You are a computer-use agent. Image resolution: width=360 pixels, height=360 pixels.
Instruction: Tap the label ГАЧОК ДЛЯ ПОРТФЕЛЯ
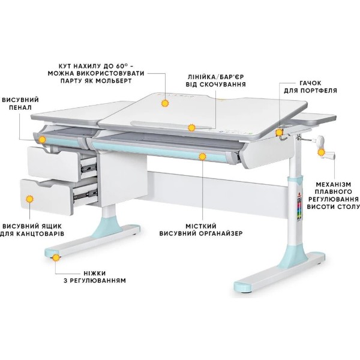click(310, 87)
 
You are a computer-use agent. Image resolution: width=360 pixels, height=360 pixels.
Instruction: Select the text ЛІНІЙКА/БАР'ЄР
click(215, 77)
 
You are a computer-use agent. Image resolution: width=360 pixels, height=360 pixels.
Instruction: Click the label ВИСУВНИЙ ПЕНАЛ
click(20, 104)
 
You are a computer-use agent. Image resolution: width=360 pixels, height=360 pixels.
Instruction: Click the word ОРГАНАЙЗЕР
click(220, 234)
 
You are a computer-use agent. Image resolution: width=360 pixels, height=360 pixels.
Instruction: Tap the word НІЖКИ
click(95, 273)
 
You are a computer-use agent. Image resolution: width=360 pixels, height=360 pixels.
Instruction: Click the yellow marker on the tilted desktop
click(164, 104)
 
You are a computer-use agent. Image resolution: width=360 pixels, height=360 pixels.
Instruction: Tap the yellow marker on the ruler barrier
click(191, 128)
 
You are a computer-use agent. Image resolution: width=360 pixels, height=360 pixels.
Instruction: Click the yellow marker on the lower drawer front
click(29, 199)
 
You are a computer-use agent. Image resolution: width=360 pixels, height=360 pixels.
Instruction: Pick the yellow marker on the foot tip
click(56, 257)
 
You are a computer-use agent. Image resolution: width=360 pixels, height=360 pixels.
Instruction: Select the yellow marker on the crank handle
click(321, 152)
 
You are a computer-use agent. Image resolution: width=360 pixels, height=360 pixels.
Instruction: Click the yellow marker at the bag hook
click(279, 133)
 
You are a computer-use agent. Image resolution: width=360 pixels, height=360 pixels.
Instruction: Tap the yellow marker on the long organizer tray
click(202, 157)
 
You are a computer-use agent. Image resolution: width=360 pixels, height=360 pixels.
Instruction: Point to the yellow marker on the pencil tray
click(42, 140)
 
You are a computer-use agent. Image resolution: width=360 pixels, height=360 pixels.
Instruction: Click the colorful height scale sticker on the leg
click(299, 209)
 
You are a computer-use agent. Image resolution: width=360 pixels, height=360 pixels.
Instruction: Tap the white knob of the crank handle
click(321, 139)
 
